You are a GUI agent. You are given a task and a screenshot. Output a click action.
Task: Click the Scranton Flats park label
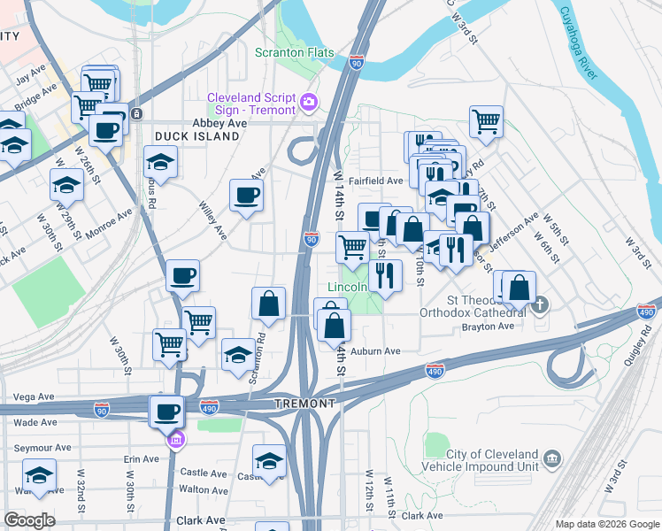(x=296, y=52)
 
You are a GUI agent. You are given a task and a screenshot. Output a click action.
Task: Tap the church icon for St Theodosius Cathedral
(x=539, y=306)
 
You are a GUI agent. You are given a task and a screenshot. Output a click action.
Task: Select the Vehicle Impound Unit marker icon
(x=552, y=458)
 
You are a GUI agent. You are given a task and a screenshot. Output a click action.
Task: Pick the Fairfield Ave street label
(x=375, y=181)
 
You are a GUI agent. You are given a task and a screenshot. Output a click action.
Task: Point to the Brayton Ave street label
(x=488, y=327)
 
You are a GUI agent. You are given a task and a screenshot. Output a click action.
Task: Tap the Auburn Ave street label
(x=375, y=351)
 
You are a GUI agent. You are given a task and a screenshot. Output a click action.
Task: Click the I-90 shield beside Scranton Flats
(x=356, y=63)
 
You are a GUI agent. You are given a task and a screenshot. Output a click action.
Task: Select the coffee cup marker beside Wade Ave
(x=166, y=410)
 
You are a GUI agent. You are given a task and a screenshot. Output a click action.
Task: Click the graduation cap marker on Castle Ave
(x=269, y=460)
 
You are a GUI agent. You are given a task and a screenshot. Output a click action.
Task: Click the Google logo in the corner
(x=29, y=520)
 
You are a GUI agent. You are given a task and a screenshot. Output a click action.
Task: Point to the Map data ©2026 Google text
(x=606, y=524)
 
